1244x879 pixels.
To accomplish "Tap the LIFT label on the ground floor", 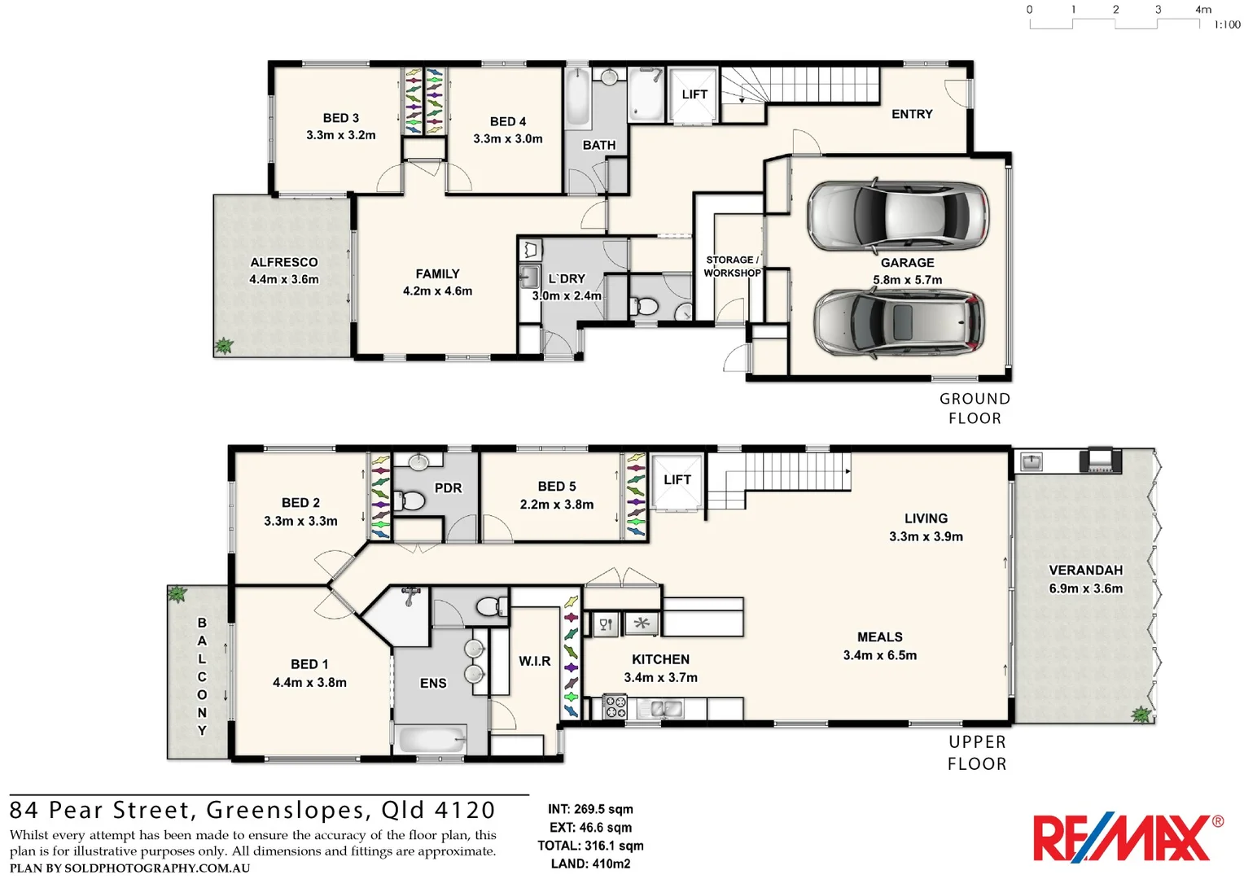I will [694, 94].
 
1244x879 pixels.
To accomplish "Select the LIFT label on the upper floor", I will [677, 480].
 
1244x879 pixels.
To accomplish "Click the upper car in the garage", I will [898, 215].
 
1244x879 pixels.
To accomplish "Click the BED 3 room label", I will [340, 118].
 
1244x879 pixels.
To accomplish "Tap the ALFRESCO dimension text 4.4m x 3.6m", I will [284, 279].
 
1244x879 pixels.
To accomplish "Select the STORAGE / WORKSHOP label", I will [732, 266].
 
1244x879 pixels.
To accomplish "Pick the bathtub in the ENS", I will [431, 740].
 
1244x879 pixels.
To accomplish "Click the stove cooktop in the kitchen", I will [615, 706].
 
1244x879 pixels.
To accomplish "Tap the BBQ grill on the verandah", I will [1100, 460].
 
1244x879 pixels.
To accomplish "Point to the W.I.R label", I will [534, 661].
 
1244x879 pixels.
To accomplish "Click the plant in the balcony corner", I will [177, 594].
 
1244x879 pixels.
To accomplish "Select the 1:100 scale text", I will [1227, 24].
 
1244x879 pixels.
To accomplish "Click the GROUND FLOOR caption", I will [975, 409].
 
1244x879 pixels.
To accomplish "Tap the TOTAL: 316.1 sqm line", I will [590, 846].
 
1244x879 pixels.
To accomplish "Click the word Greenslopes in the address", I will [286, 810].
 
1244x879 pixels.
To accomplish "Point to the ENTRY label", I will [912, 114].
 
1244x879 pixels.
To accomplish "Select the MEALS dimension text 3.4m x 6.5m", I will [879, 655].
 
